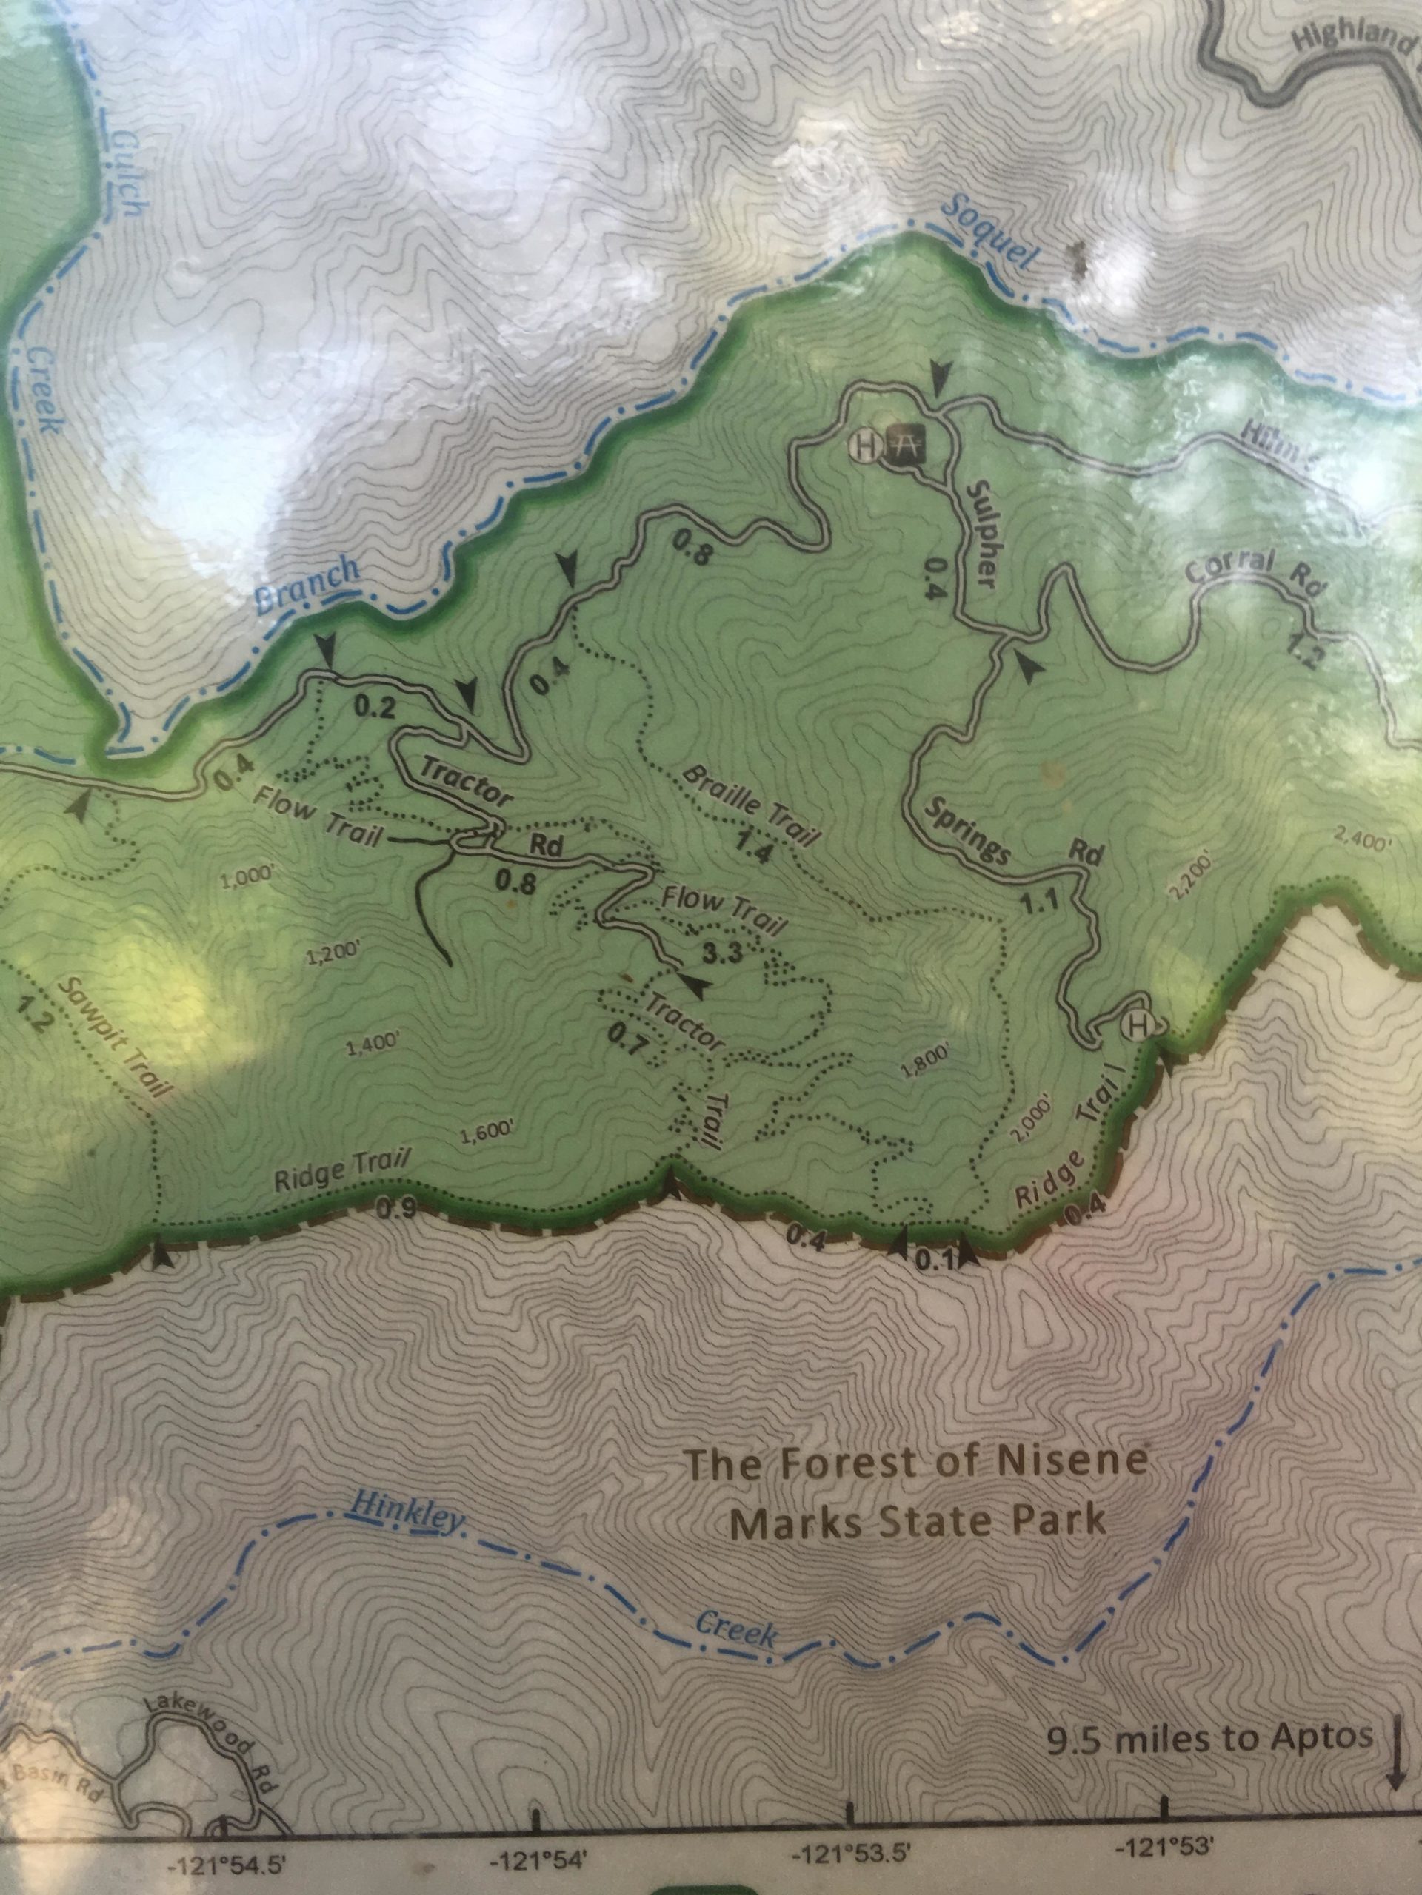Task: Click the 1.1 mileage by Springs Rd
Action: click(x=1040, y=900)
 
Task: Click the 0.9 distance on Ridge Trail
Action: click(x=397, y=1209)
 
